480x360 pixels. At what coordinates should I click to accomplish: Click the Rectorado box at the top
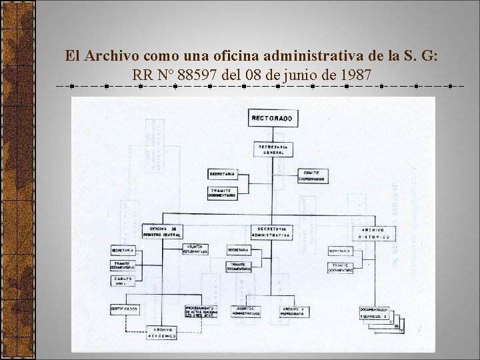pos(272,118)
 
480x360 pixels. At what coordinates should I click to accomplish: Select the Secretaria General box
pos(272,149)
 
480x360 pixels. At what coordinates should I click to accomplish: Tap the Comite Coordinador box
pos(311,175)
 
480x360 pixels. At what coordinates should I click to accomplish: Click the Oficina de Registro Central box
pos(162,231)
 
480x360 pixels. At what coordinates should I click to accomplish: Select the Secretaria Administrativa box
pos(272,231)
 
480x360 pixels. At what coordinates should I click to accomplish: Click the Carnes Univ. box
pos(123,281)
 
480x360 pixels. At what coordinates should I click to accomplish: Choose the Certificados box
pos(125,309)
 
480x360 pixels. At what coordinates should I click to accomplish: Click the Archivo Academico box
pos(163,333)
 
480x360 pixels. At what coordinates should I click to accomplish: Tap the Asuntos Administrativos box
pos(246,311)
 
